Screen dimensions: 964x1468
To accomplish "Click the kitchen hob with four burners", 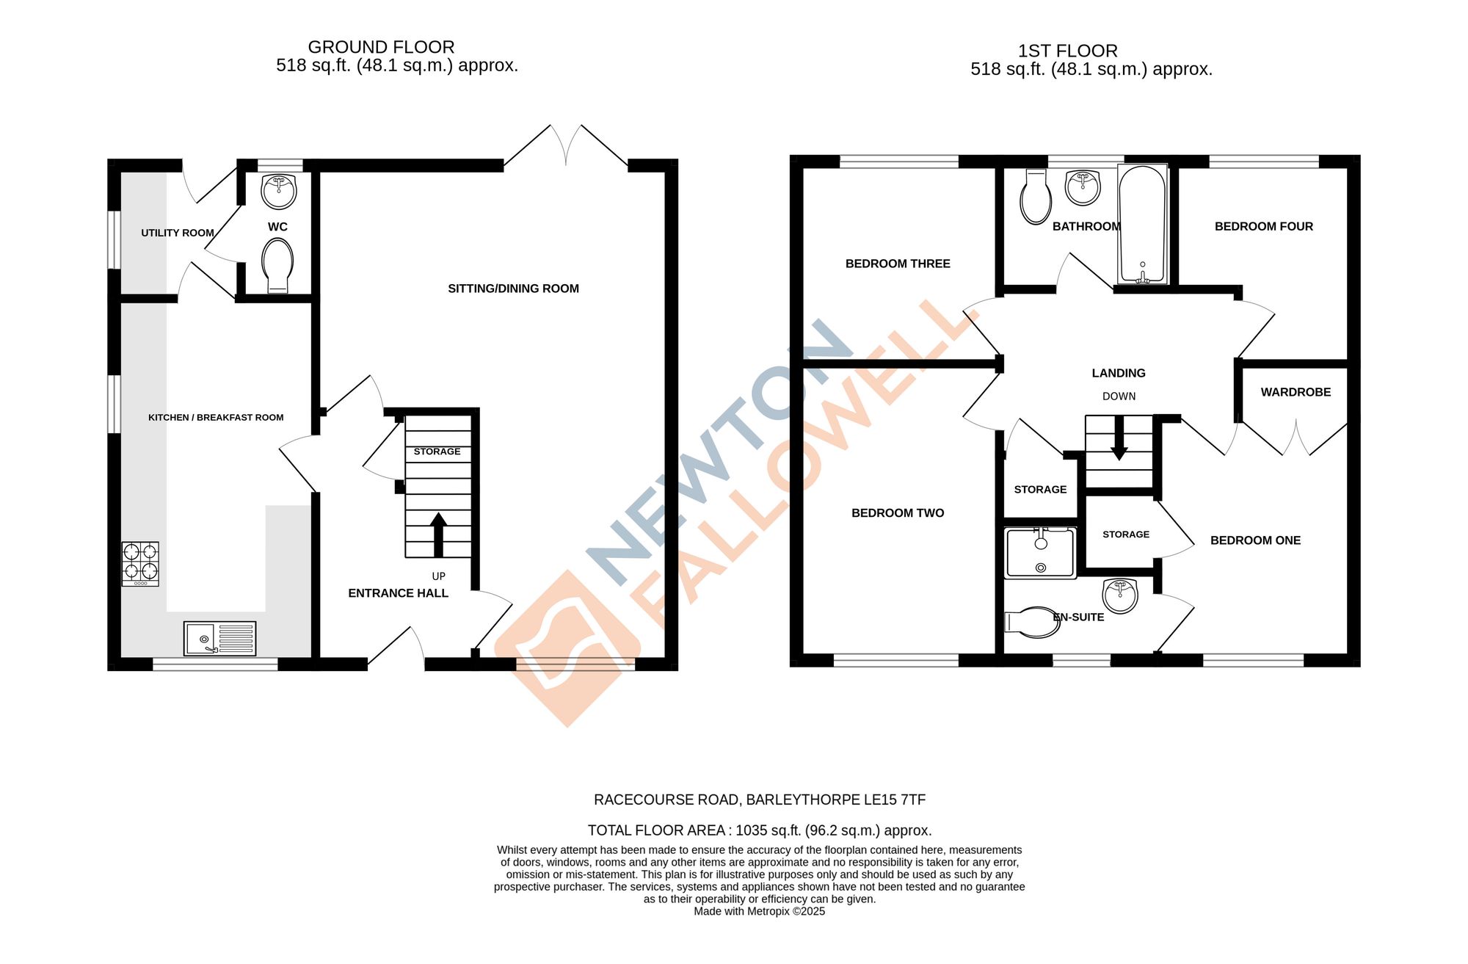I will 140,563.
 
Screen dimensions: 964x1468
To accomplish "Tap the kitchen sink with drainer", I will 219,638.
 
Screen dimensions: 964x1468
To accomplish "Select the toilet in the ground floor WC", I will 277,265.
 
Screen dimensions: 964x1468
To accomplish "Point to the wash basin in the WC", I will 279,191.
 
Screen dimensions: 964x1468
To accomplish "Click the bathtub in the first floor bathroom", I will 1142,224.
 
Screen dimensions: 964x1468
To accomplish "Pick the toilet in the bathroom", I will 1036,197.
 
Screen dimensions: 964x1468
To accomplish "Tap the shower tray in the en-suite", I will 1040,553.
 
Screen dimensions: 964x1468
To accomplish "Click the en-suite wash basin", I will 1120,595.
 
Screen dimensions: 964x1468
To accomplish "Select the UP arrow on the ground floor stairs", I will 438,534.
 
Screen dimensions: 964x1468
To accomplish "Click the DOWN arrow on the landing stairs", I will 1119,438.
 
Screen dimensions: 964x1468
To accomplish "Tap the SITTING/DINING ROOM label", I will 513,289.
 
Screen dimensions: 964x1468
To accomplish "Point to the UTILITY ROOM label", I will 178,233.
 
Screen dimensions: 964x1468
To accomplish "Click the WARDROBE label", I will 1296,392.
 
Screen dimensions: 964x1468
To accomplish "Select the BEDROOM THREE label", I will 898,264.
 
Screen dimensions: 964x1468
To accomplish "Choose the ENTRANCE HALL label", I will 398,593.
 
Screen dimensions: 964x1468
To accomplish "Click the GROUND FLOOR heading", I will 381,47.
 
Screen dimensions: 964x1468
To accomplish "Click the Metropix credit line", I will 759,911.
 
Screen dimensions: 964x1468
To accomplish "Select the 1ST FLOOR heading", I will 1067,51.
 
